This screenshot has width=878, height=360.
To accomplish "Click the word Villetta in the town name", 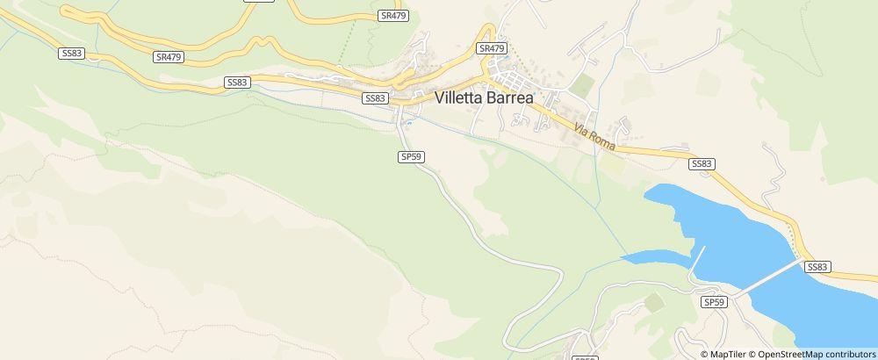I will [467, 99].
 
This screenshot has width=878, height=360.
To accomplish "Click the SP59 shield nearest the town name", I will [411, 156].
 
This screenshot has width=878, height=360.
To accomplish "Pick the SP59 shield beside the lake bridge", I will [715, 301].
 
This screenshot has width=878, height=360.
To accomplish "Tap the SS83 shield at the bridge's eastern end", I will [817, 267].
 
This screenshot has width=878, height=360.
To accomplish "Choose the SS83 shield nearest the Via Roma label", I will [702, 163].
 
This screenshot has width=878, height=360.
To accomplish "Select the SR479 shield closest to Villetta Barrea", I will [493, 48].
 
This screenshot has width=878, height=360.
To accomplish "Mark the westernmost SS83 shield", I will [71, 54].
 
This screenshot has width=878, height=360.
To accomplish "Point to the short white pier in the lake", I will [698, 261].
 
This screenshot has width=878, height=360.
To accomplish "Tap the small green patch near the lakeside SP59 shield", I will [654, 303].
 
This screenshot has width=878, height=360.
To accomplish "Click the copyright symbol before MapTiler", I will [704, 354].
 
